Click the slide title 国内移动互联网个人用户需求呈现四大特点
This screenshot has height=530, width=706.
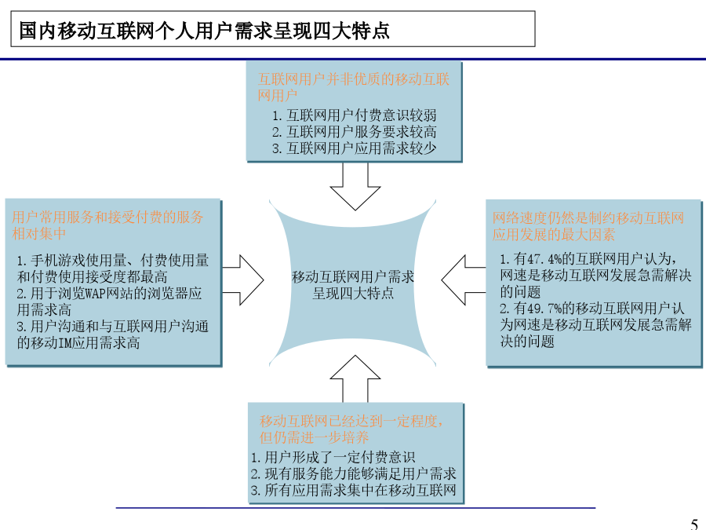click(x=204, y=31)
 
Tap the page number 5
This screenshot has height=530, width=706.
click(x=694, y=525)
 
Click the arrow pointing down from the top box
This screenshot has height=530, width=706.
click(x=355, y=186)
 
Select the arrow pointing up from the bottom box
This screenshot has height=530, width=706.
click(x=355, y=378)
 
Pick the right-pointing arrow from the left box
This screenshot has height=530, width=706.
click(x=242, y=280)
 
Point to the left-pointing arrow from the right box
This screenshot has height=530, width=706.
click(x=464, y=280)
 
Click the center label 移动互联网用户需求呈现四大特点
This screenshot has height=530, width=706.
click(x=353, y=285)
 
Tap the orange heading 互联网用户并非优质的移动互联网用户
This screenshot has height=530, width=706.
click(x=354, y=87)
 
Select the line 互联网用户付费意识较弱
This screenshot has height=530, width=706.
click(x=355, y=115)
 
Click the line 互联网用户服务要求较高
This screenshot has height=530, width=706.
click(x=355, y=132)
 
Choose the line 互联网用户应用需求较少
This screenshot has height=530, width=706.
click(x=355, y=148)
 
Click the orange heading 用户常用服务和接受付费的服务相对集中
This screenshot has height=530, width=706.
click(x=107, y=225)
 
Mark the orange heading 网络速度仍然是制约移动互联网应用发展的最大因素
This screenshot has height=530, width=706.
click(x=588, y=226)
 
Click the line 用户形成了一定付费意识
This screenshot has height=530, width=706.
click(x=333, y=457)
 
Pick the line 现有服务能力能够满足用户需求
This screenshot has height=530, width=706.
click(x=354, y=473)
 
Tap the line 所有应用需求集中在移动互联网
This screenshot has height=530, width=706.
click(x=354, y=490)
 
